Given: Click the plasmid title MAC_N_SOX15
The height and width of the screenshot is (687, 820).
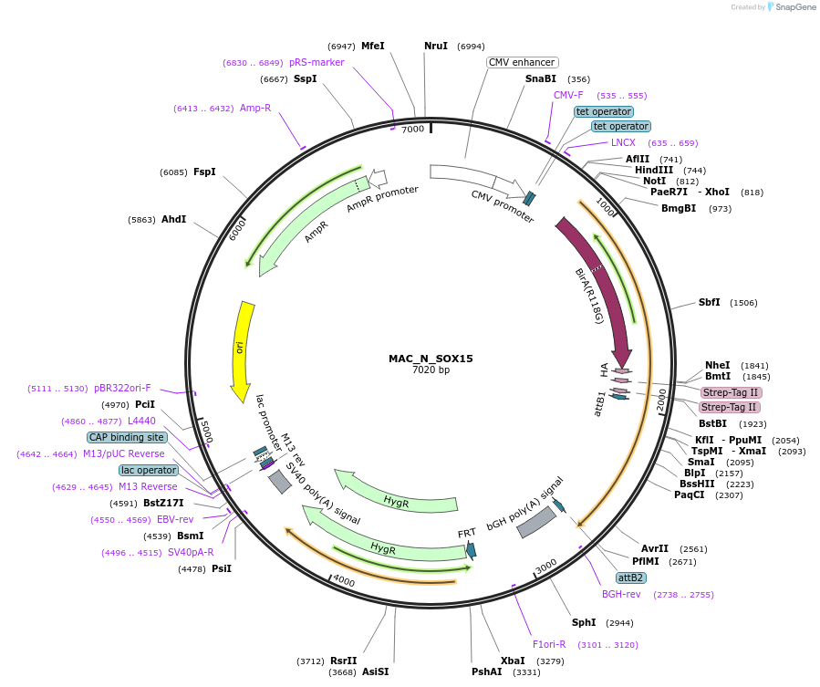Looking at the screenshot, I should pyautogui.click(x=431, y=359).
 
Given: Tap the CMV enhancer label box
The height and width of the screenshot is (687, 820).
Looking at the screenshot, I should pyautogui.click(x=522, y=62).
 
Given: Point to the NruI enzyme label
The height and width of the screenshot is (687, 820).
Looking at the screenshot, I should pyautogui.click(x=436, y=46).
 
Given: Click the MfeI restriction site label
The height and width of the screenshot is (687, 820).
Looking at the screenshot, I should pyautogui.click(x=372, y=46).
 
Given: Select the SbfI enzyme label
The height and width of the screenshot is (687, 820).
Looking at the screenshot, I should pyautogui.click(x=709, y=302).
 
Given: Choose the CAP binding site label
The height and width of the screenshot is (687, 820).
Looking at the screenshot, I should pyautogui.click(x=127, y=437).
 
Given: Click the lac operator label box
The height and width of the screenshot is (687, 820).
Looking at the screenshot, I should pyautogui.click(x=149, y=470).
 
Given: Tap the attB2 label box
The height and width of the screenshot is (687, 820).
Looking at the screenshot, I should pyautogui.click(x=631, y=578).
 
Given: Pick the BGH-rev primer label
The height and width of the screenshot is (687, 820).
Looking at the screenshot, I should pyautogui.click(x=621, y=594).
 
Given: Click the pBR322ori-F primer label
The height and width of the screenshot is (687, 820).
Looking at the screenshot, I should pyautogui.click(x=122, y=388).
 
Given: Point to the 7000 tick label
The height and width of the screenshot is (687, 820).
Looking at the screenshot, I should pyautogui.click(x=413, y=130).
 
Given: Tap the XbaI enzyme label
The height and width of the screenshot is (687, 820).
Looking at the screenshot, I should pyautogui.click(x=513, y=661).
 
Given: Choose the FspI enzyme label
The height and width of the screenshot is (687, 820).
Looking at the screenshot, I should pyautogui.click(x=204, y=172).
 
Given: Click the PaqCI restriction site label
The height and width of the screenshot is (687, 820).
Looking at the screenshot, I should pyautogui.click(x=690, y=494).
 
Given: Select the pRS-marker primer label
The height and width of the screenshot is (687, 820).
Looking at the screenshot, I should pyautogui.click(x=317, y=62).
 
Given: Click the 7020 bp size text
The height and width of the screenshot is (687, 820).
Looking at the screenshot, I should pyautogui.click(x=431, y=370).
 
